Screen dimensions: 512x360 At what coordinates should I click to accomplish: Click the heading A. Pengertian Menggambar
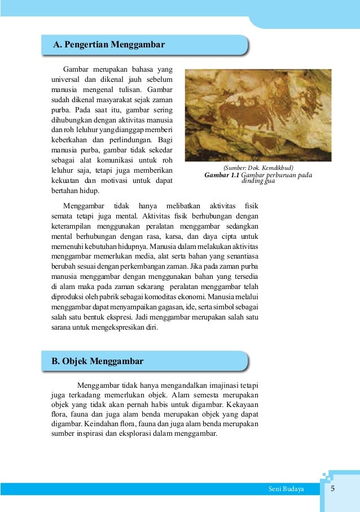(x=108, y=44)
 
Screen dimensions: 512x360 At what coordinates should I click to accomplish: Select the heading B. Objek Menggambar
(x=98, y=361)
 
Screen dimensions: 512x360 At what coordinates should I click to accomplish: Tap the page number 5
(x=333, y=488)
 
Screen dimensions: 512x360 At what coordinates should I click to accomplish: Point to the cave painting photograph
(x=258, y=115)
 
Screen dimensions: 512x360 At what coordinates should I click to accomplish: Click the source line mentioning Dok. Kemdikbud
(x=258, y=168)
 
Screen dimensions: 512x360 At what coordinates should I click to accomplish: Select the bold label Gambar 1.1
(x=225, y=176)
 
